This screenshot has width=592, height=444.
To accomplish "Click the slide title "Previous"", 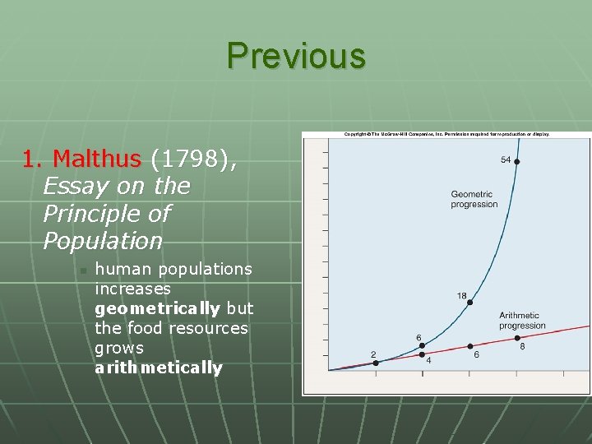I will click(x=296, y=56).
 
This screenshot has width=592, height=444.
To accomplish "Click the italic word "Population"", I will click(x=103, y=242).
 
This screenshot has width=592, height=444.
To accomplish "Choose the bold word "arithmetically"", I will click(x=158, y=368).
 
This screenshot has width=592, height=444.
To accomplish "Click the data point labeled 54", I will click(x=517, y=162).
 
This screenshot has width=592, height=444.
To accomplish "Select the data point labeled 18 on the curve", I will click(x=470, y=303).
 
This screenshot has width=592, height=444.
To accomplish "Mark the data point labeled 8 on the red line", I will click(x=517, y=335).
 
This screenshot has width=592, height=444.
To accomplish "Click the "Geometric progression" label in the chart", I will click(x=474, y=199).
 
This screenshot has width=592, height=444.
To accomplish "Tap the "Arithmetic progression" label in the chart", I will click(x=521, y=320).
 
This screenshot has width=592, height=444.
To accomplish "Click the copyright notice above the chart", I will click(x=446, y=133).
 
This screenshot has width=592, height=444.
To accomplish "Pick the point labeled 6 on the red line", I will click(x=470, y=346).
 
